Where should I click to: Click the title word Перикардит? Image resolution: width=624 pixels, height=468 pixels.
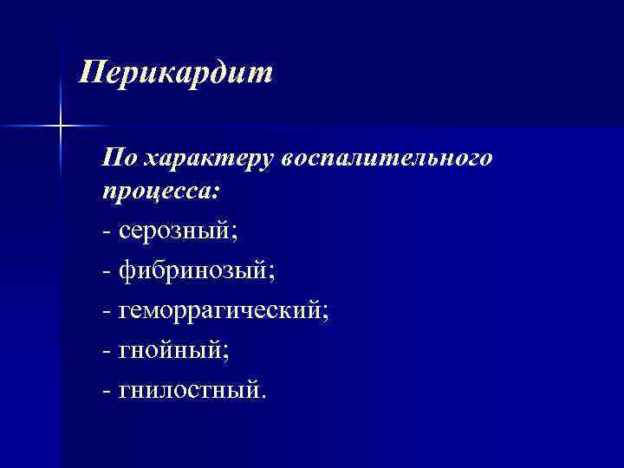pyautogui.click(x=175, y=73)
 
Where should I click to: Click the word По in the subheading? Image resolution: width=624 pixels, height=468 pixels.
pyautogui.click(x=117, y=158)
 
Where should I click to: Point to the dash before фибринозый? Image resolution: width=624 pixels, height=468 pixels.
pyautogui.click(x=106, y=273)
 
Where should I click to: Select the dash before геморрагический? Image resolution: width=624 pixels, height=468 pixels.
pyautogui.click(x=106, y=313)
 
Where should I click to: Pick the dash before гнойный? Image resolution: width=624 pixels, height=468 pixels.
pyautogui.click(x=106, y=353)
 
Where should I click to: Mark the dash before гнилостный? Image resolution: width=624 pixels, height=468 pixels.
pyautogui.click(x=106, y=393)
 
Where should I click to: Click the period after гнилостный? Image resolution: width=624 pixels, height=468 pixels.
pyautogui.click(x=264, y=398)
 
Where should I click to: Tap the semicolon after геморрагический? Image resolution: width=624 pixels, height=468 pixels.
pyautogui.click(x=326, y=315)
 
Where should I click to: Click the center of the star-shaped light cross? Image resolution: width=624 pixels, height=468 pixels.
pyautogui.click(x=62, y=127)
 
